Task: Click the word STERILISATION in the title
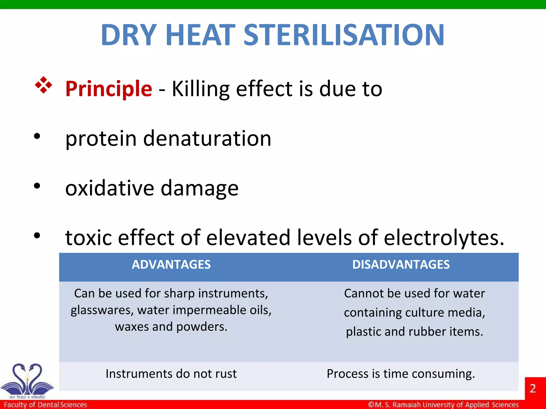344,35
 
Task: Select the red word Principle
109,89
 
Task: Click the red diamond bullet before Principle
43,85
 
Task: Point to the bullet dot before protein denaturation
37,136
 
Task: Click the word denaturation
207,138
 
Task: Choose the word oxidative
110,188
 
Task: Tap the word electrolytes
444,238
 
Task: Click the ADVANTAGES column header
171,265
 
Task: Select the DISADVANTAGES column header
401,265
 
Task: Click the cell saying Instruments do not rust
171,374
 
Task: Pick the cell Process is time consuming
401,374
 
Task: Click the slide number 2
532,388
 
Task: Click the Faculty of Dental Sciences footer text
45,405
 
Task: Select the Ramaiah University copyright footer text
443,405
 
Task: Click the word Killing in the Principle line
200,89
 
